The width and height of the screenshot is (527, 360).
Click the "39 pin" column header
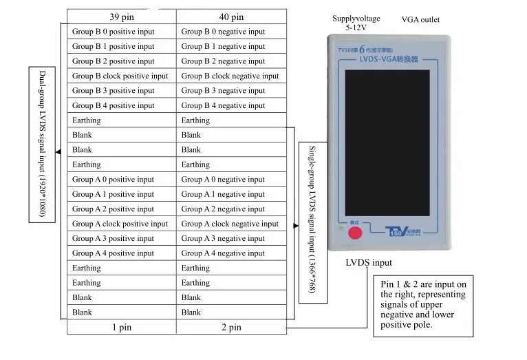pyautogui.click(x=121, y=17)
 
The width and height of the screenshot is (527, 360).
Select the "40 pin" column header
pyautogui.click(x=230, y=17)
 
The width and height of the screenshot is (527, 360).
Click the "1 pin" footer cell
pyautogui.click(x=121, y=328)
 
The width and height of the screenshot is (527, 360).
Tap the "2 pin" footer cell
pyautogui.click(x=230, y=328)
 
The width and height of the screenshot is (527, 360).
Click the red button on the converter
pyautogui.click(x=355, y=232)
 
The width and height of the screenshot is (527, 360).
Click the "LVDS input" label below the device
pyautogui.click(x=368, y=263)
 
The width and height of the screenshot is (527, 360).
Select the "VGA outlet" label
pyautogui.click(x=420, y=20)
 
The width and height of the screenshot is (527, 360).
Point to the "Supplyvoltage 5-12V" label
pyautogui.click(x=356, y=24)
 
